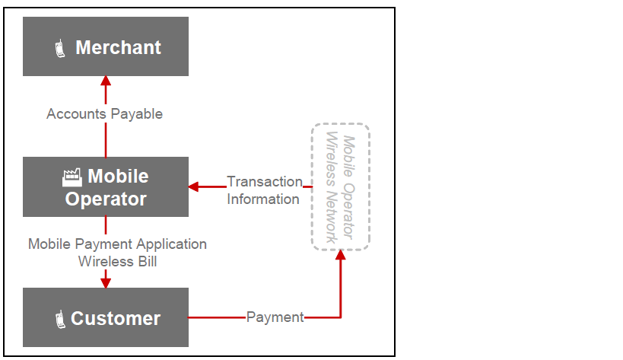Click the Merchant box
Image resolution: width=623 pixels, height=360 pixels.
[106, 46]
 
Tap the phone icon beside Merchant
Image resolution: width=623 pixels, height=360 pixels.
[60, 49]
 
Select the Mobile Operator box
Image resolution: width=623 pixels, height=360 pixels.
[106, 186]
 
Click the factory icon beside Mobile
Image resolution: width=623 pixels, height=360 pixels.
[72, 177]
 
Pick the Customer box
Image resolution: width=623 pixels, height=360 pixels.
[106, 317]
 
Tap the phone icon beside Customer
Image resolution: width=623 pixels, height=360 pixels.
[60, 319]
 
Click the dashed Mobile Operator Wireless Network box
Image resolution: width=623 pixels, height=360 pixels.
[340, 186]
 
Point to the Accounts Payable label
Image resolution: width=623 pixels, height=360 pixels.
[105, 113]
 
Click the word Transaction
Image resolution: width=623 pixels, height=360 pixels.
[265, 181]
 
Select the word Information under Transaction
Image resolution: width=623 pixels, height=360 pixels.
[263, 199]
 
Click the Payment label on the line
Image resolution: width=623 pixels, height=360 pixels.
[275, 317]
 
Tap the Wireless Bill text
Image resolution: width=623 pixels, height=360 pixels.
[117, 261]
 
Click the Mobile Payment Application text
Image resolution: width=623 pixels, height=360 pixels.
[117, 244]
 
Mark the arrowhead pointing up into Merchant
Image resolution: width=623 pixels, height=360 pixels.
[106, 81]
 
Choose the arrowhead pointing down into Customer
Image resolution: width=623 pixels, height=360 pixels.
[106, 282]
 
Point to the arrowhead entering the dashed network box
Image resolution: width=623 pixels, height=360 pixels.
[340, 255]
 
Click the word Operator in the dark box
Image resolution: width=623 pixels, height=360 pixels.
[106, 199]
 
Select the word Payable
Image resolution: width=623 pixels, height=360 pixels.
[138, 113]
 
